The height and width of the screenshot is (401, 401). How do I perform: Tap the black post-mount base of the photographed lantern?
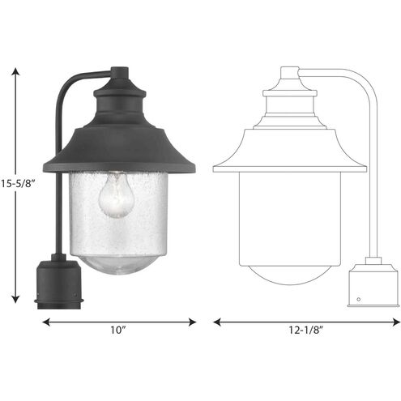(x=58, y=284)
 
